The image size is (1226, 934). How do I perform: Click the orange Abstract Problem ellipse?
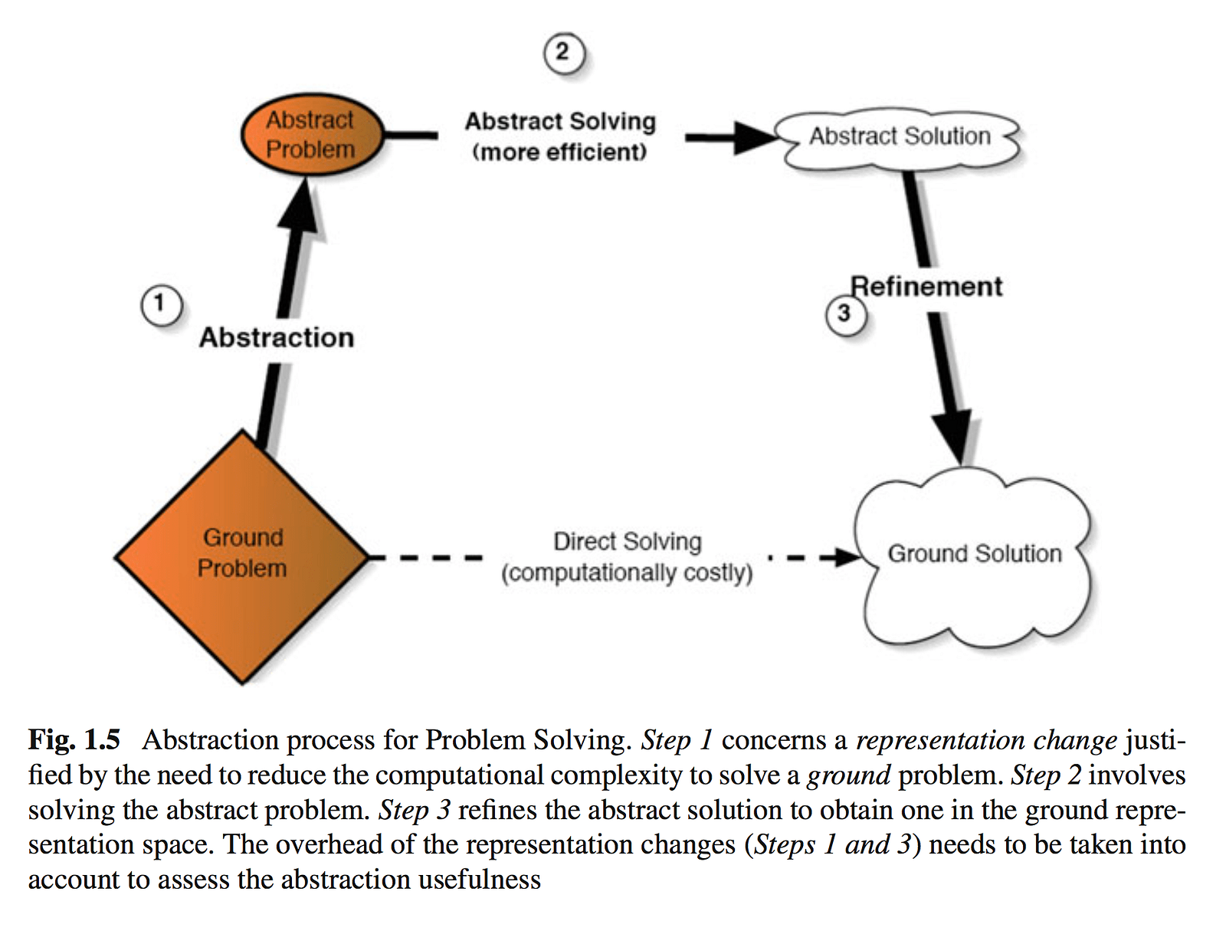[311, 135]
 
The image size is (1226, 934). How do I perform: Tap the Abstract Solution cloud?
[900, 137]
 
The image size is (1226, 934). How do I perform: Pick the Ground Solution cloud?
[974, 555]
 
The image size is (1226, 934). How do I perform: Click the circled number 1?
[161, 305]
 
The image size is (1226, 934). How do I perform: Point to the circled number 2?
[563, 54]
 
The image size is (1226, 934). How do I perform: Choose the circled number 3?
[845, 314]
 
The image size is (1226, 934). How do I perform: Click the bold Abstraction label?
[277, 338]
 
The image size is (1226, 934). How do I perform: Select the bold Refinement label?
[926, 287]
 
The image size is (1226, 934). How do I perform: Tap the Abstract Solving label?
[560, 121]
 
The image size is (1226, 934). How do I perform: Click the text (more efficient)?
[559, 152]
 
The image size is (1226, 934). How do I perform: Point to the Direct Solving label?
[627, 542]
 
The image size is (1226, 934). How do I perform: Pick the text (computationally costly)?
[627, 573]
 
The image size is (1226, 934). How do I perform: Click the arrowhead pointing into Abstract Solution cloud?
[756, 137]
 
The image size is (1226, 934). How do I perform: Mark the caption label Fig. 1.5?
[74, 740]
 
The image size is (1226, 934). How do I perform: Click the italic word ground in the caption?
[848, 775]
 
